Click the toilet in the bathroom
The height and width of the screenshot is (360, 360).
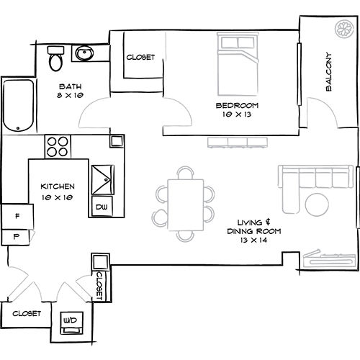coord(55,59)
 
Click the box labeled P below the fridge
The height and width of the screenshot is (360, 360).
coord(14,235)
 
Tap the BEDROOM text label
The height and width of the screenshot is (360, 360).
coord(237,106)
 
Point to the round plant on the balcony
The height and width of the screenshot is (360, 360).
coord(342,30)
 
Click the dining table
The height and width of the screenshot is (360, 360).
coord(185,202)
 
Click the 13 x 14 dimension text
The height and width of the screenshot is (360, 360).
coord(260,240)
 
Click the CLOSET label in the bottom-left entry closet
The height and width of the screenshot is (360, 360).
coord(25,313)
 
